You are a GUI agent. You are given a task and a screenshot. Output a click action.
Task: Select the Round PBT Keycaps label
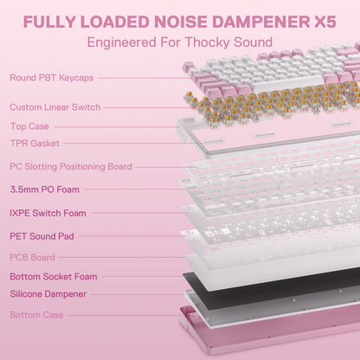pyautogui.click(x=52, y=78)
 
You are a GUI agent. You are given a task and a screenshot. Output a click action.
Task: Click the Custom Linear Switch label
pyautogui.click(x=55, y=107)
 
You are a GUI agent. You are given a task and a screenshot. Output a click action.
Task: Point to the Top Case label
pyautogui.click(x=29, y=126)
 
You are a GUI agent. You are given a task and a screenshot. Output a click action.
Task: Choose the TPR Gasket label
pyautogui.click(x=35, y=143)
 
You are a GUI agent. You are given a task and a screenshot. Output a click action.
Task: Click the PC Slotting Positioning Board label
pyautogui.click(x=71, y=166)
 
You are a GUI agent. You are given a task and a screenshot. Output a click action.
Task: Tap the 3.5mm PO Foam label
pyautogui.click(x=45, y=190)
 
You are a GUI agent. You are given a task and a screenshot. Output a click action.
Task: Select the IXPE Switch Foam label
pyautogui.click(x=48, y=213)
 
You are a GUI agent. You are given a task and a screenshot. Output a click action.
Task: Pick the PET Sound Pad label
pyautogui.click(x=42, y=236)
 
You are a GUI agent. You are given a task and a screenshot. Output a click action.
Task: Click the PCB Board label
pyautogui.click(x=32, y=257)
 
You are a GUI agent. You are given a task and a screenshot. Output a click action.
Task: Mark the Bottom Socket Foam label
pyautogui.click(x=54, y=277)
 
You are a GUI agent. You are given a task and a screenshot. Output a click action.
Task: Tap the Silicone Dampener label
pyautogui.click(x=48, y=294)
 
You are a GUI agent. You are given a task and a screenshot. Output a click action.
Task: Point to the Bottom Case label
pyautogui.click(x=36, y=315)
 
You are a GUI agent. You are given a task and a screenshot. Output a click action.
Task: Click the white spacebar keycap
pyautogui.click(x=288, y=83)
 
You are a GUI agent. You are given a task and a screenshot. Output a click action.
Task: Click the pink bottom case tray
pyautogui.click(x=268, y=331)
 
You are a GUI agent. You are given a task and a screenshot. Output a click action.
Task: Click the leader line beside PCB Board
pyautogui.click(x=122, y=257)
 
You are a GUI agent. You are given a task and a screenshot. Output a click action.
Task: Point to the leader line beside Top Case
pyautogui.click(x=117, y=126)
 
